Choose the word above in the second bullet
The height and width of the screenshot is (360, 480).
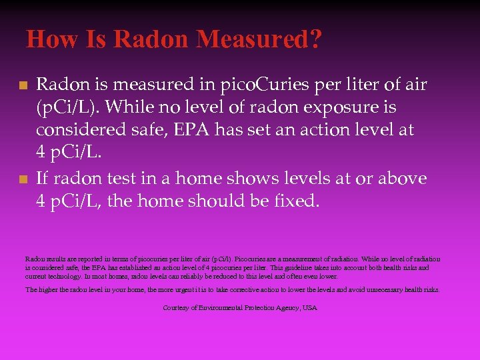(x=402, y=178)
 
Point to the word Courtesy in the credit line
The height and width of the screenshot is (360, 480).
(x=176, y=308)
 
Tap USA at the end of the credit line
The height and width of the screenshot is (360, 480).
(x=310, y=308)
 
